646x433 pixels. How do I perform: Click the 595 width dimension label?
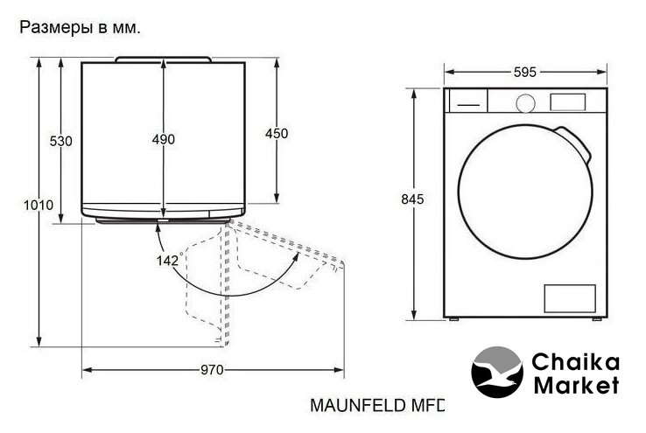click(525, 73)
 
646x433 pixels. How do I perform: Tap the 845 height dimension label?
click(412, 199)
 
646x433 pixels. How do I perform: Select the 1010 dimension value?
click(39, 205)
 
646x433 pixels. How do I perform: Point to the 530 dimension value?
click(60, 141)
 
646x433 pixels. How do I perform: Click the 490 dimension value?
click(163, 140)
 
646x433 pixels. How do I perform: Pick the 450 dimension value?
click(277, 133)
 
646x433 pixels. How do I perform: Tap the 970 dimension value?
click(212, 370)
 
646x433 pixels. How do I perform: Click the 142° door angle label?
click(168, 260)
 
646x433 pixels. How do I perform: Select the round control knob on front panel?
click(526, 103)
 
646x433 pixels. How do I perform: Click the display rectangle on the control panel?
click(568, 102)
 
